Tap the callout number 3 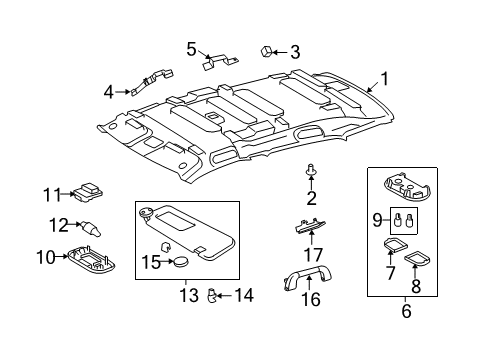coord(295,52)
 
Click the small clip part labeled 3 coord(269,50)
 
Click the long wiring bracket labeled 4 coord(153,80)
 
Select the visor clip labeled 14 coord(213,293)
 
